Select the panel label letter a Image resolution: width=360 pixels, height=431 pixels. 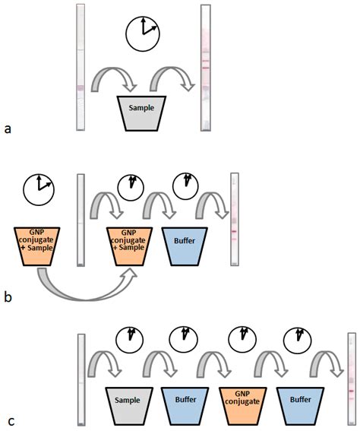(8, 128)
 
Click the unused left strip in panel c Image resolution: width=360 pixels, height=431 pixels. (81, 380)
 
